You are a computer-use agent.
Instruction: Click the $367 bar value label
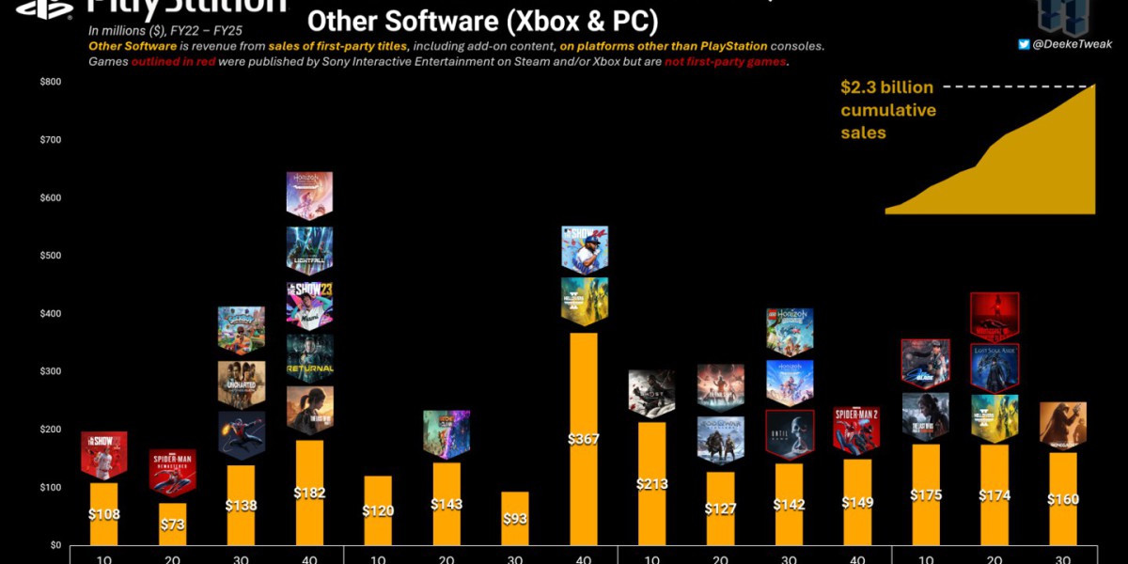584,439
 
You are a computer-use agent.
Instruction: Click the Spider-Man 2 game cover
856,430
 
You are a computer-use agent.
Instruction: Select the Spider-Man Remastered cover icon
173,471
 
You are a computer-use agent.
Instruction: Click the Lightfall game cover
310,249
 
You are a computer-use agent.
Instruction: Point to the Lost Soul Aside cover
994,368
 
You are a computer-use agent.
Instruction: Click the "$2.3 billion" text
886,87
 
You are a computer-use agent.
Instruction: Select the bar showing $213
652,484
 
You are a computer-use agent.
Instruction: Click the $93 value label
515,519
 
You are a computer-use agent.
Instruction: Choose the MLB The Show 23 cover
310,303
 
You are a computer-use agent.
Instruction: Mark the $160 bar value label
1062,499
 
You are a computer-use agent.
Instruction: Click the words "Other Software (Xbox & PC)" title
482,20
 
